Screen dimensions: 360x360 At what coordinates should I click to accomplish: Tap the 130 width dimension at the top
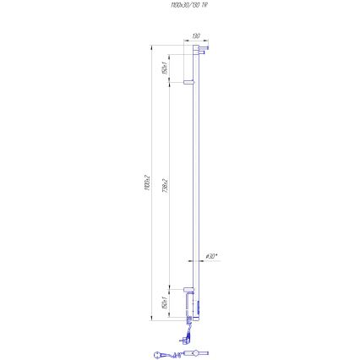point(195,36)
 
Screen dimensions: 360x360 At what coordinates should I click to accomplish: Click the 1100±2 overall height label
point(146,181)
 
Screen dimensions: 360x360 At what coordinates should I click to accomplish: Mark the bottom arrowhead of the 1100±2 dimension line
point(151,320)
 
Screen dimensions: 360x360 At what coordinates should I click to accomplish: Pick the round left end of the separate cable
point(157,355)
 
